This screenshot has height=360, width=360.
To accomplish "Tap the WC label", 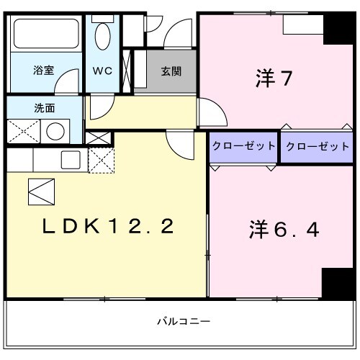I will click(x=101, y=71).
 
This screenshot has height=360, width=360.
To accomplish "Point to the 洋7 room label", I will click(x=273, y=78).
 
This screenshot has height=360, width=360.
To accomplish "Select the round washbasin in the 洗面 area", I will click(x=55, y=131).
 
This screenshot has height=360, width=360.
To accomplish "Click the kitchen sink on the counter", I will click(x=70, y=160).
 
